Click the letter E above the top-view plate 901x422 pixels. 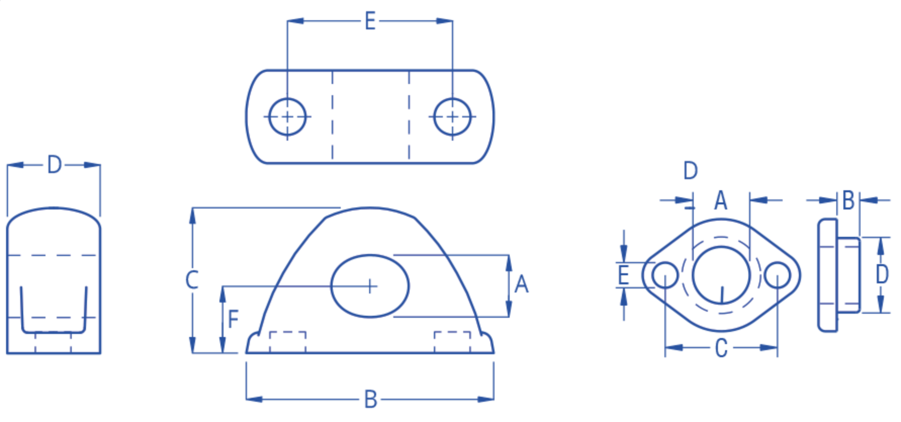coord(370,21)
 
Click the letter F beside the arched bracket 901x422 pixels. coord(233,319)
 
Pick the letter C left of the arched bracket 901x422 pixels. coord(192,280)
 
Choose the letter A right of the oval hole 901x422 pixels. coord(521,284)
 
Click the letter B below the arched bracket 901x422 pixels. coord(371,400)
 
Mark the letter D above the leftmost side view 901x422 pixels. coord(54,165)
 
